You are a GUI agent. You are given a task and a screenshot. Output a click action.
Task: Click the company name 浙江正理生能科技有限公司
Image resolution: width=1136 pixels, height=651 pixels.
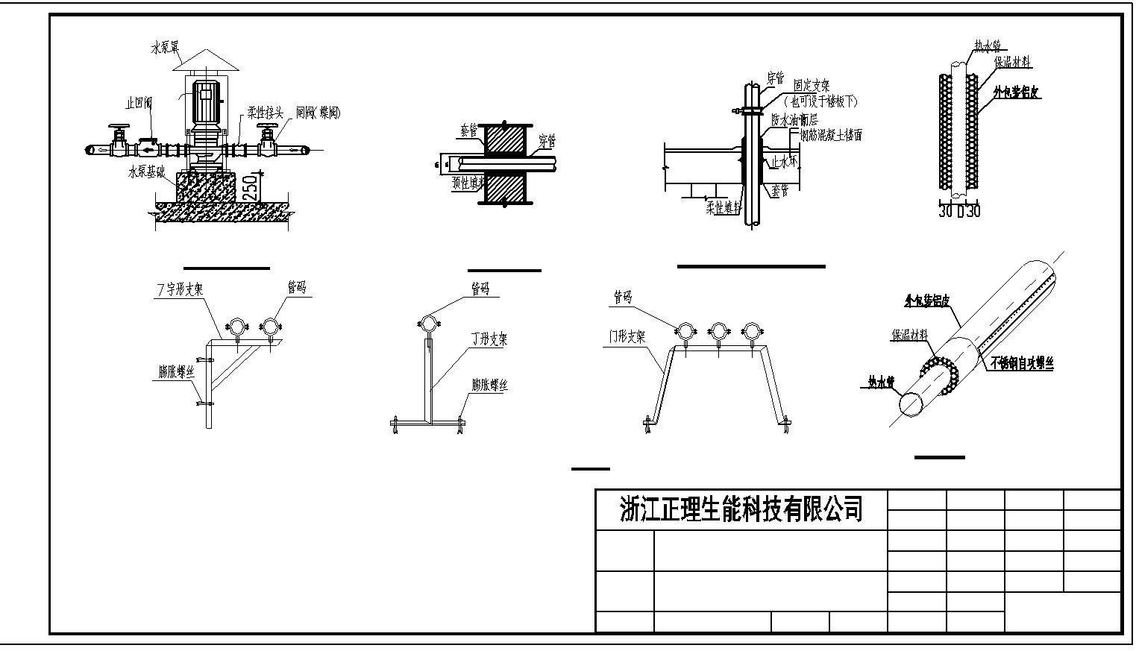point(741,510)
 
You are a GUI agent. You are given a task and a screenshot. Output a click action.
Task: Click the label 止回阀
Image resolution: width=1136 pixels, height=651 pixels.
point(139,104)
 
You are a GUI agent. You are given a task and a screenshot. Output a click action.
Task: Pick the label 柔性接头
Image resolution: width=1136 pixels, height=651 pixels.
point(266,113)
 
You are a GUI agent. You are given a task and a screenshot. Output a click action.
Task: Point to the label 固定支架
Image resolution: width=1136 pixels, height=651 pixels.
point(812,86)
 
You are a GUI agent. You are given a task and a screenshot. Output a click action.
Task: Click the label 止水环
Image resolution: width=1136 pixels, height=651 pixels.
point(784,160)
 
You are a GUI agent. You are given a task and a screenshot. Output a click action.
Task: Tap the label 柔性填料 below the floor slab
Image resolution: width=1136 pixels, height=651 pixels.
point(723,208)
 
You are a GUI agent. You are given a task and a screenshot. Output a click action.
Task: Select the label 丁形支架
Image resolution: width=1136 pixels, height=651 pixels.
point(489,339)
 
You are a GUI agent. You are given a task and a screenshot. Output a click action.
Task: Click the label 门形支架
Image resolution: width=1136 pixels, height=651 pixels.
point(627,337)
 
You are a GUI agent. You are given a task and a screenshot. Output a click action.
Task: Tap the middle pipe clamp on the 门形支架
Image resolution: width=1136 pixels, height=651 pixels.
point(718,330)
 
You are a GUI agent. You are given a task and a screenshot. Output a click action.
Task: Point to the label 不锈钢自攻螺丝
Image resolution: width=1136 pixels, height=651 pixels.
point(1022,363)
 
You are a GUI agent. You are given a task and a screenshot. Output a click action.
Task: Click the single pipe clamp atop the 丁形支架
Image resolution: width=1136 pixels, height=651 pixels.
point(429,324)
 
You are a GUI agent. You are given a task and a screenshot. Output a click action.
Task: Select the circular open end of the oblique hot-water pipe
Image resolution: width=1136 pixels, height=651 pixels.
point(911,404)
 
